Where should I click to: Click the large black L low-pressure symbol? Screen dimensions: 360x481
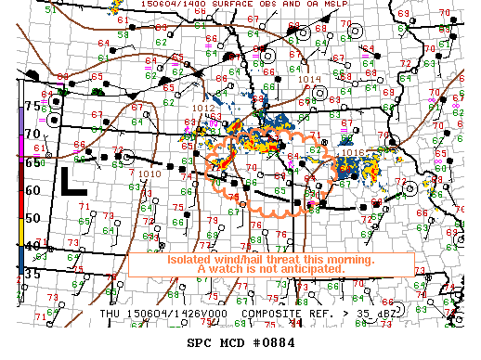73,181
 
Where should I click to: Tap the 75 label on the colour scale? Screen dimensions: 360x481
32,106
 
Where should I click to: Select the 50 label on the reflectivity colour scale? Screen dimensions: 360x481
32,218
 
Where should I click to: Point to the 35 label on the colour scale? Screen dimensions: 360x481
32,274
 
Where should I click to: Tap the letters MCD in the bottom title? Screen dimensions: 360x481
227,341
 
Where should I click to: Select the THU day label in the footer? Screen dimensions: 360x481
112,314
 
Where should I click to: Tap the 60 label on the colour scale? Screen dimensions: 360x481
32,189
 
